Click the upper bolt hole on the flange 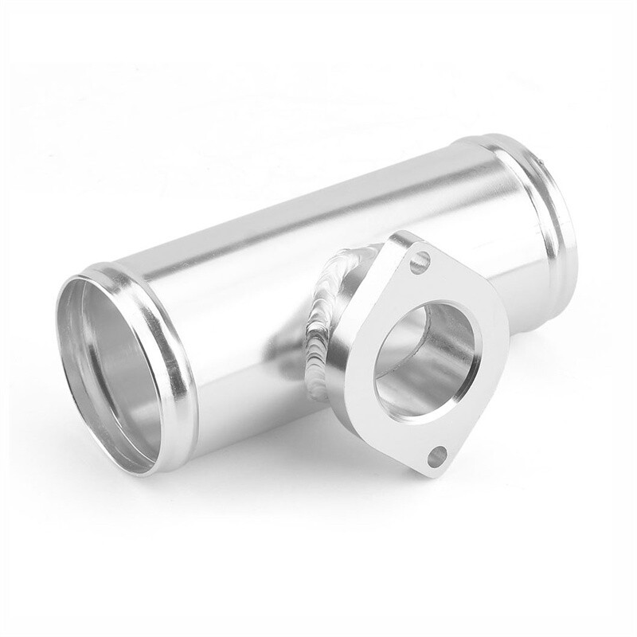[x=420, y=260]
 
